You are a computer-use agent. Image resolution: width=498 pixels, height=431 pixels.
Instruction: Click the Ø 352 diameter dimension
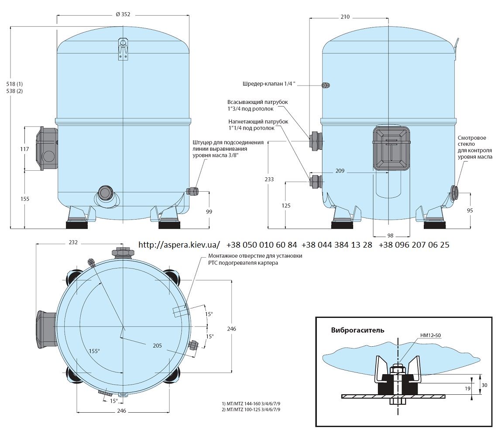pyautogui.click(x=123, y=14)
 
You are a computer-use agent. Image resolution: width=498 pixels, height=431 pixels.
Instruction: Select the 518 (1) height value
pyautogui.click(x=14, y=84)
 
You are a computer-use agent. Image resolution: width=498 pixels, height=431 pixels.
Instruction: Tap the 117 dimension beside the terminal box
pyautogui.click(x=24, y=149)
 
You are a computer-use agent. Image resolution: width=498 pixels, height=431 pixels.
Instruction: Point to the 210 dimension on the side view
pyautogui.click(x=345, y=17)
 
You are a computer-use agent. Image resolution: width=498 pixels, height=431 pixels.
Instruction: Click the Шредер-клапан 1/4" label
pyautogui.click(x=269, y=84)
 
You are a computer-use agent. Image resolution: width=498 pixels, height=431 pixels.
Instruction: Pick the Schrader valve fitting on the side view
pyautogui.click(x=326, y=85)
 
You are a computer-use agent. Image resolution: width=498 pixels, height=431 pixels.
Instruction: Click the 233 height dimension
pyautogui.click(x=269, y=179)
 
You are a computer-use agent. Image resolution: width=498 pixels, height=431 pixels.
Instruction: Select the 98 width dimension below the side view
pyautogui.click(x=390, y=235)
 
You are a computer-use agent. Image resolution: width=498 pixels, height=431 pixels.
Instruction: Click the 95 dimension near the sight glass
pyautogui.click(x=470, y=210)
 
